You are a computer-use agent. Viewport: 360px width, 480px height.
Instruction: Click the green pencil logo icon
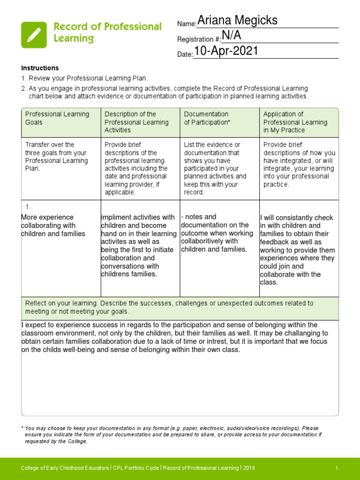[x=34, y=35]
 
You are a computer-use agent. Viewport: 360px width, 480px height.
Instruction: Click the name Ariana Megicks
[x=237, y=21]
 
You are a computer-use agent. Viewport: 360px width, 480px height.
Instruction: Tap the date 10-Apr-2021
[x=226, y=52]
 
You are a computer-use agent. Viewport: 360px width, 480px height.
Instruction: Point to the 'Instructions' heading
[x=40, y=68]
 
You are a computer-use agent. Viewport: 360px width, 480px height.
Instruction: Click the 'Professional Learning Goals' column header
[x=57, y=118]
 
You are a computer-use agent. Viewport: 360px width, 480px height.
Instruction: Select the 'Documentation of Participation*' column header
[x=207, y=118]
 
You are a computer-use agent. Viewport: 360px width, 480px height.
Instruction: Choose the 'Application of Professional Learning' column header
[x=289, y=122]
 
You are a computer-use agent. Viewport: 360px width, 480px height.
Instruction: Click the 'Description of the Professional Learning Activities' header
[x=136, y=122]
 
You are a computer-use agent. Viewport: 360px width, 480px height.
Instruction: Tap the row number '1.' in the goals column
[x=28, y=207]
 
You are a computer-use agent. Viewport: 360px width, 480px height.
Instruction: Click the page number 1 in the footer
[x=337, y=468]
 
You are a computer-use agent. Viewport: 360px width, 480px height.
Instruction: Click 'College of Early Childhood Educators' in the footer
[x=65, y=468]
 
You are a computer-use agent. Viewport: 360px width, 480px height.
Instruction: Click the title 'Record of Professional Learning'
[x=107, y=32]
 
